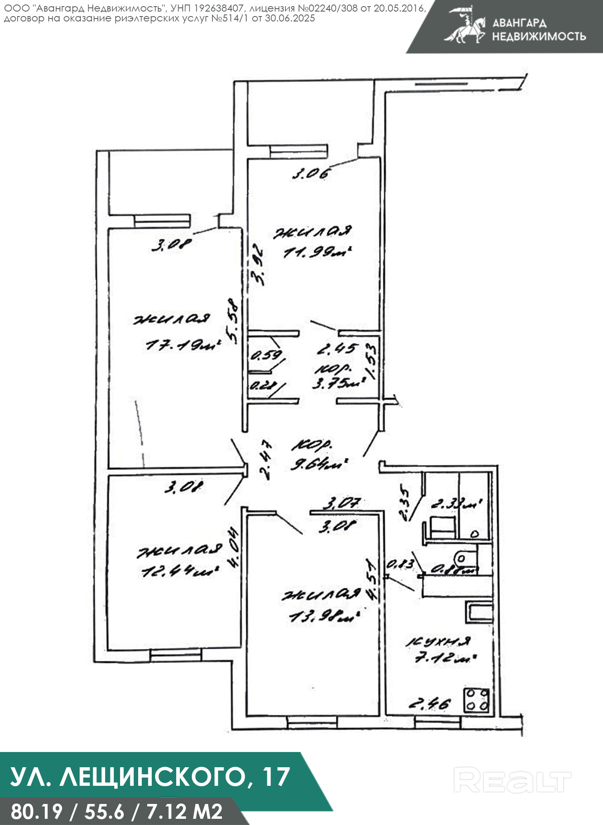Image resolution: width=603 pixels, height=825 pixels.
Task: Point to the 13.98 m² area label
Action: tap(324, 617)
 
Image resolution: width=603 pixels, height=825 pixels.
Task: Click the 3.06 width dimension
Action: tap(311, 174)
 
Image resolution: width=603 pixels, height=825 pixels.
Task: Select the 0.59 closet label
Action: tap(266, 355)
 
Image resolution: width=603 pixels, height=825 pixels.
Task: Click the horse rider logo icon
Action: tap(465, 26)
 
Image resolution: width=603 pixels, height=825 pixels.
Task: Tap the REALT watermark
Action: tap(512, 780)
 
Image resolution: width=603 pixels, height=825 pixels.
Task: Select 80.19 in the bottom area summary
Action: tap(36, 811)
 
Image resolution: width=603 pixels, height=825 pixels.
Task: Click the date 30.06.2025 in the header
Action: tap(290, 19)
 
